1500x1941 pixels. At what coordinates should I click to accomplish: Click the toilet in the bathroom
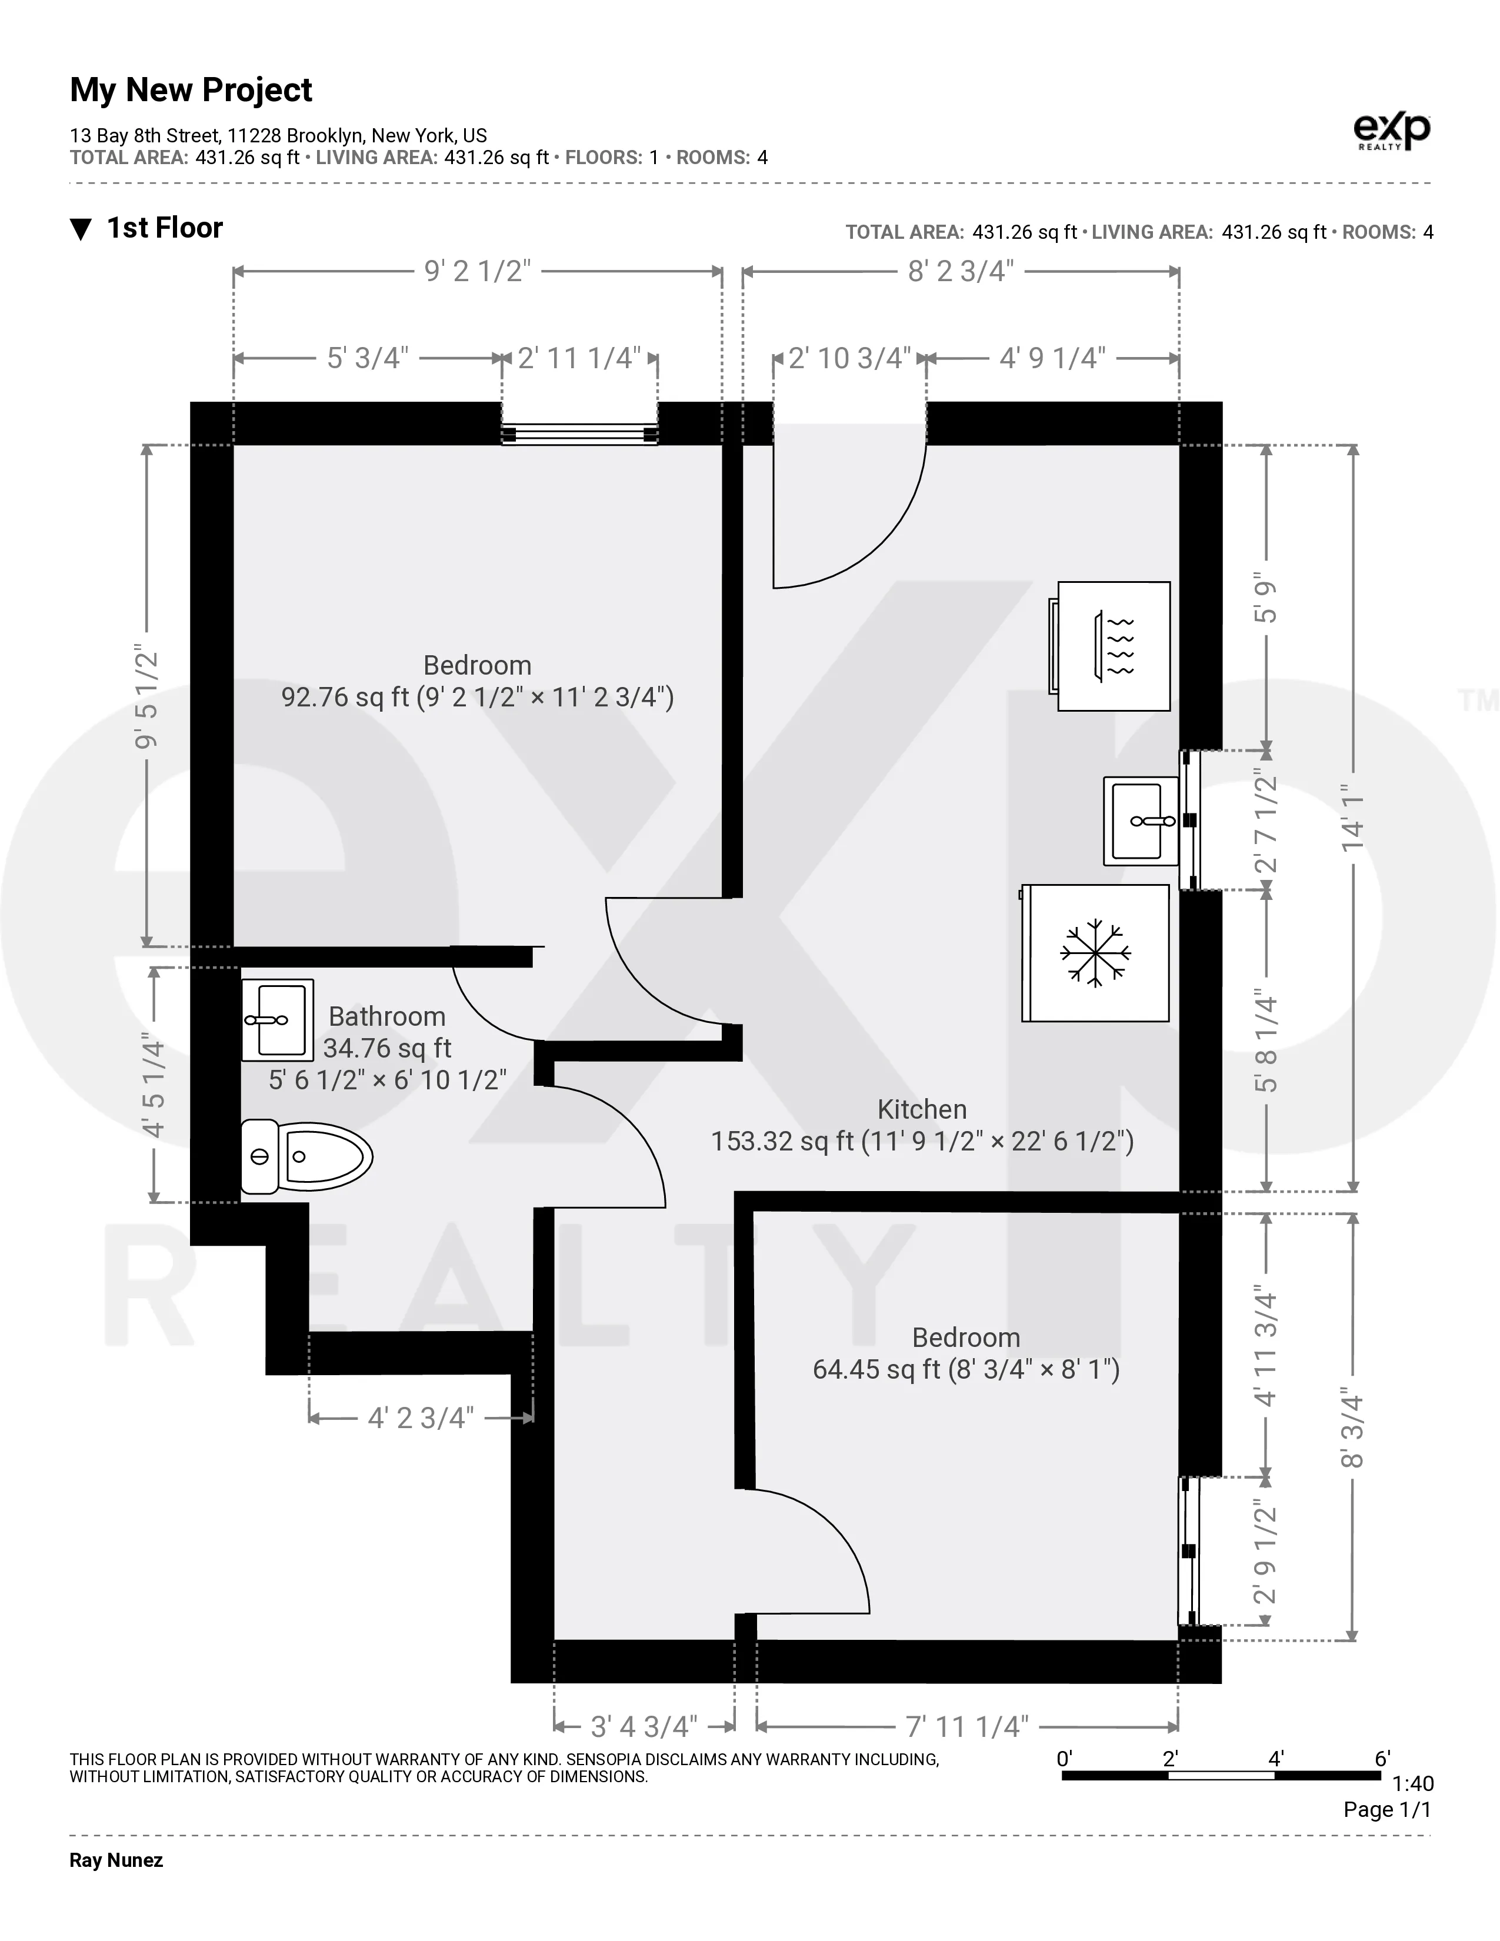[306, 1156]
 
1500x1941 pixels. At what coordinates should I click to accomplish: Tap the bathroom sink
[277, 1020]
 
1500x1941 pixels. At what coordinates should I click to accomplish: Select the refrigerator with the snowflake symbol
[1096, 953]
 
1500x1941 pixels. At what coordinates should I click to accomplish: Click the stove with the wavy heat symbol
[1114, 646]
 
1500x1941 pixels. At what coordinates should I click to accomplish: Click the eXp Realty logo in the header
[1392, 132]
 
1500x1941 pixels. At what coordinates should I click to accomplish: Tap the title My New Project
[191, 90]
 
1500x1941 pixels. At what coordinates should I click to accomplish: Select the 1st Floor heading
[164, 228]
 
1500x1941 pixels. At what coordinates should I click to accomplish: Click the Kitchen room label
[922, 1109]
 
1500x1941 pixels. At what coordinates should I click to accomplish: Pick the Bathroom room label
[386, 1017]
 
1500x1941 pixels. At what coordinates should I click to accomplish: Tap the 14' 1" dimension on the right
[1352, 818]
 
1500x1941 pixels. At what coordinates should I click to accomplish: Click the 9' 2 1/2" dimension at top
[477, 271]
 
